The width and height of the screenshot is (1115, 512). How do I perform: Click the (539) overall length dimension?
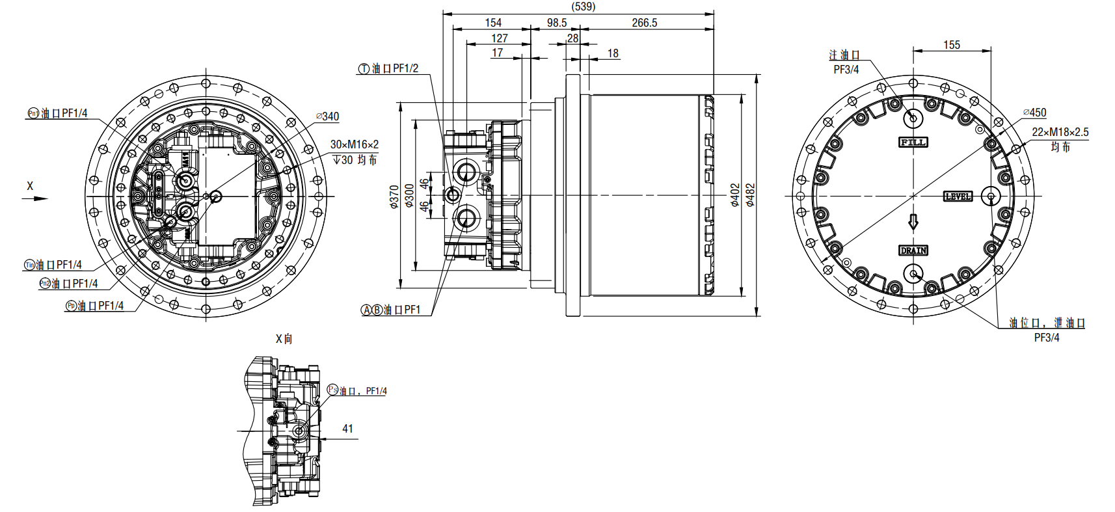point(583,7)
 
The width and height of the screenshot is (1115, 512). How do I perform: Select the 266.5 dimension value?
point(644,23)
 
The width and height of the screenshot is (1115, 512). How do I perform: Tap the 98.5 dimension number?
point(556,23)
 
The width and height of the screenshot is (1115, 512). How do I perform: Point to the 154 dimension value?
point(493,23)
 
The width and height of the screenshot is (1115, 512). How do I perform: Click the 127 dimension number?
point(499,38)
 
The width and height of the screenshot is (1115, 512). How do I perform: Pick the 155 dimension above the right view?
point(951,45)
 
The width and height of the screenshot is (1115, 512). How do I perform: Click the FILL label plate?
point(913,142)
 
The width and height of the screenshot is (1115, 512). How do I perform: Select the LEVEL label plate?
point(958,196)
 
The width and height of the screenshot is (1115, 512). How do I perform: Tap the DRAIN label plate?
point(913,250)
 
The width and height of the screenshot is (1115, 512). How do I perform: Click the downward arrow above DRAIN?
point(913,222)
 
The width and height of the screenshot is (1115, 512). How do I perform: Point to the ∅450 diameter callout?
point(1034,113)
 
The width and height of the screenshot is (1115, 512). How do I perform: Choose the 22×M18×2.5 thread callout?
point(1060,132)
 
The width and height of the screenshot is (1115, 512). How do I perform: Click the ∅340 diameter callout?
point(328,116)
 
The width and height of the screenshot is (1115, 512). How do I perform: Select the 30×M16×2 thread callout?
point(354,144)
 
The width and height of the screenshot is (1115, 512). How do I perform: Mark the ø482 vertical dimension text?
point(750,195)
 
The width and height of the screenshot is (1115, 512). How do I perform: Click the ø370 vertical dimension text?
point(394,196)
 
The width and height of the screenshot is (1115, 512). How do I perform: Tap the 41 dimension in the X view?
point(347,429)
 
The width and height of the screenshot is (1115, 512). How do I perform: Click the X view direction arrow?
point(35,198)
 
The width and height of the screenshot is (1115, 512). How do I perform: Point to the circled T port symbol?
point(364,69)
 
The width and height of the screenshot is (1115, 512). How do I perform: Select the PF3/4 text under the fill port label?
point(846,70)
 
